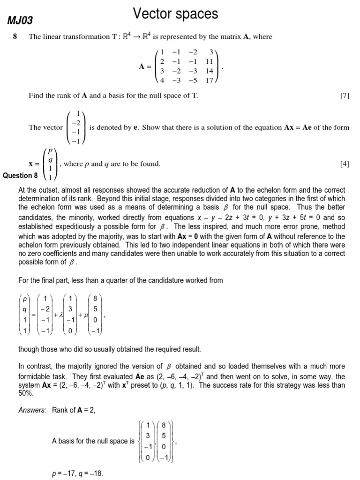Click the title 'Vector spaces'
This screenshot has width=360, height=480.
(176, 14)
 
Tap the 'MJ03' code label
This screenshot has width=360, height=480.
(19, 20)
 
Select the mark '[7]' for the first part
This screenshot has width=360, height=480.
(344, 96)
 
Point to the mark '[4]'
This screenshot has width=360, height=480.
(344, 164)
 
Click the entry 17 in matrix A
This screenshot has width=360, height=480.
(209, 80)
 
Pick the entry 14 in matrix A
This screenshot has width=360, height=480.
(209, 71)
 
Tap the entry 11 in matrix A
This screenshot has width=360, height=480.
(209, 61)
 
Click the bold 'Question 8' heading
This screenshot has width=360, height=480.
(21, 176)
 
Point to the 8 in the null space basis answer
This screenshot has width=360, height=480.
(164, 426)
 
